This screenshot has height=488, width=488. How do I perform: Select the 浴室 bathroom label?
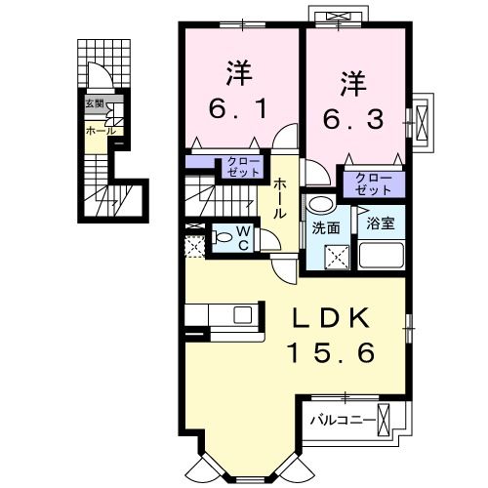pyautogui.click(x=380, y=224)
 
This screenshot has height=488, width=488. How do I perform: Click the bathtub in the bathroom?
pyautogui.click(x=381, y=256)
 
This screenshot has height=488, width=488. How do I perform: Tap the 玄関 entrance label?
pyautogui.click(x=94, y=102)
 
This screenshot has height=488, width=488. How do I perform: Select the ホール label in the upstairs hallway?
pyautogui.click(x=280, y=198)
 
